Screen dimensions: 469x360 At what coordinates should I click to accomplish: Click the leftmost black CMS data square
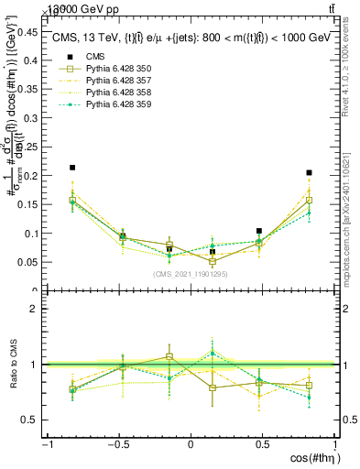coord(72,168)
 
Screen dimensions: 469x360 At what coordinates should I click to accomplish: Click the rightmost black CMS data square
coord(310,172)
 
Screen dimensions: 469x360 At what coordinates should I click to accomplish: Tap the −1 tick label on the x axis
coord(48,444)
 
